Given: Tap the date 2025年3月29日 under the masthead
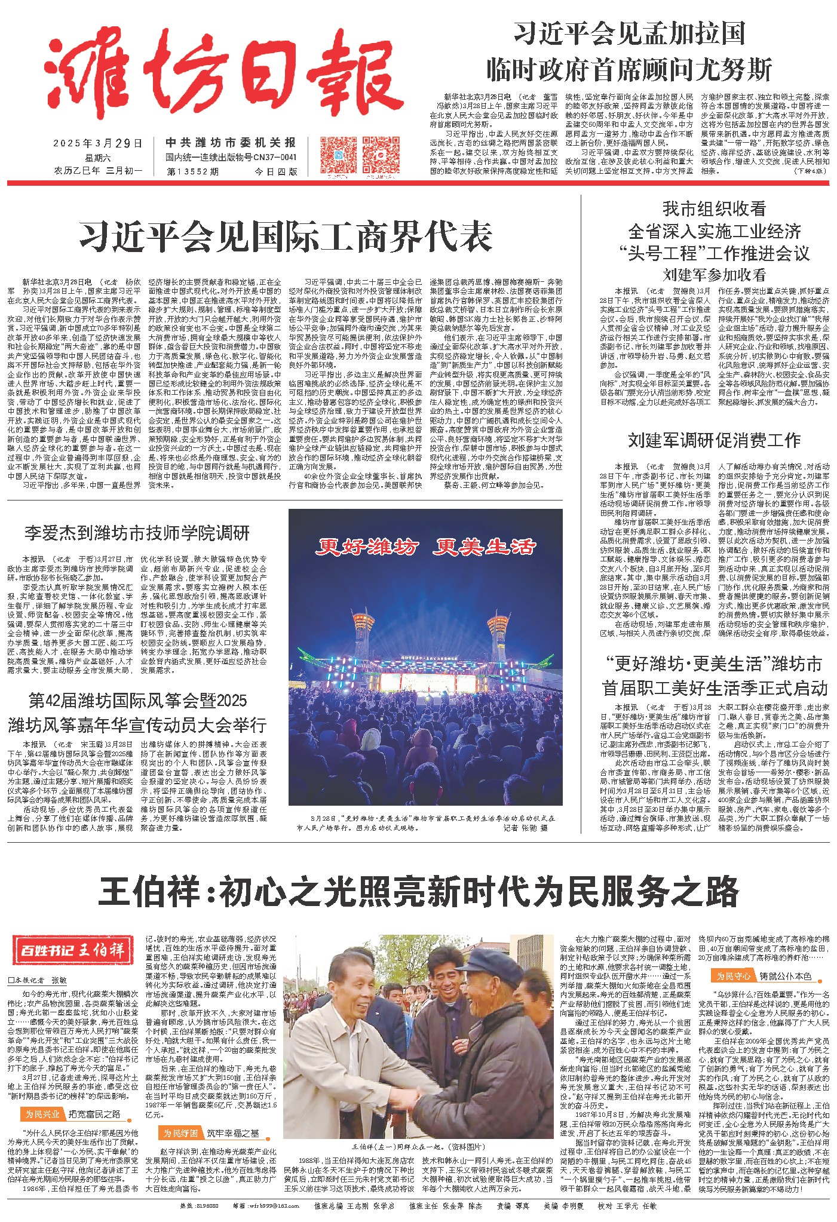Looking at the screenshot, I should point(99,143).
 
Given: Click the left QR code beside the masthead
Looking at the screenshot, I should point(338,154).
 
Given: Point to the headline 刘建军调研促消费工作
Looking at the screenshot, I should point(713,441).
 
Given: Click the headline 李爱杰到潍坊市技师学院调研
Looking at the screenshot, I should point(137,533).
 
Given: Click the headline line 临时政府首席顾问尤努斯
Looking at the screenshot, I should point(629,69).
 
